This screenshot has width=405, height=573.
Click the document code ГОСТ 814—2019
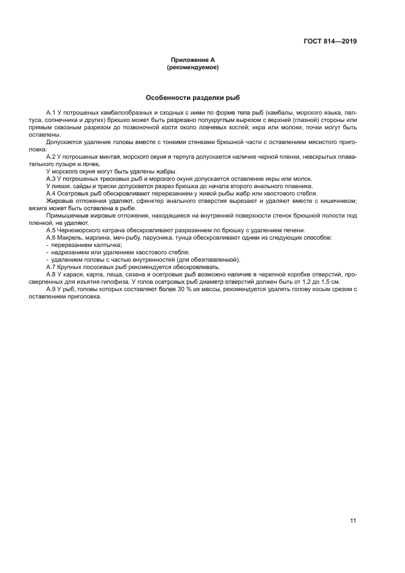tap(330, 42)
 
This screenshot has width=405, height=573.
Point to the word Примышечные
tap(67, 215)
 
